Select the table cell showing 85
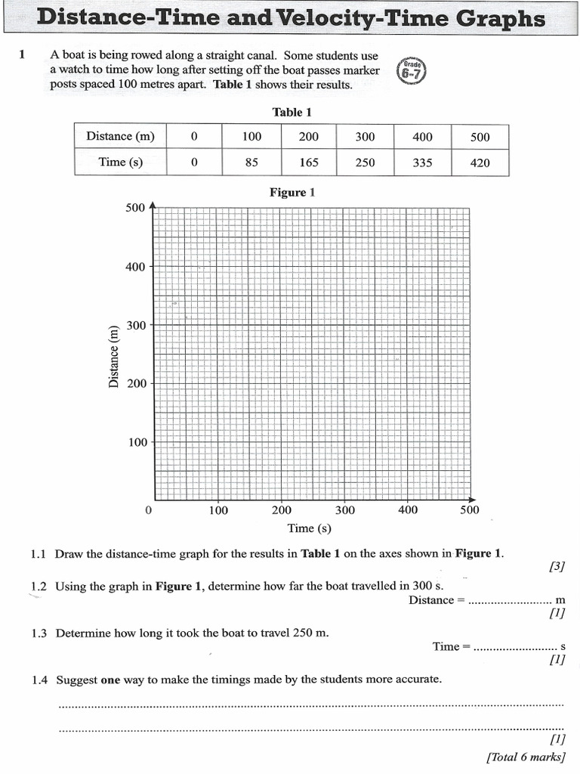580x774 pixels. pos(251,163)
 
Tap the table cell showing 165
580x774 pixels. pos(309,163)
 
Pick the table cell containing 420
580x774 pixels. pos(480,163)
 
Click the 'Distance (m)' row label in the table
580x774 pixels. pos(120,137)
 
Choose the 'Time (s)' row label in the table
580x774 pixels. pos(120,163)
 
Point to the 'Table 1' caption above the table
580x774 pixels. pos(292,113)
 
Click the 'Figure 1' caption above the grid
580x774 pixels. pos(292,193)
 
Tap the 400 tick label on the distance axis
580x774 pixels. pos(136,267)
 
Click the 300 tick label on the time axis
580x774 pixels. pos(344,511)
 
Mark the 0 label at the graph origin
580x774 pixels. pos(148,511)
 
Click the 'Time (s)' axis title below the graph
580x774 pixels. pos(310,528)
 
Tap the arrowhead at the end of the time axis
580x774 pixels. pos(472,500)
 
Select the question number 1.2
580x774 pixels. pos(39,587)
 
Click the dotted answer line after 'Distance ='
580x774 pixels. pos(510,602)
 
